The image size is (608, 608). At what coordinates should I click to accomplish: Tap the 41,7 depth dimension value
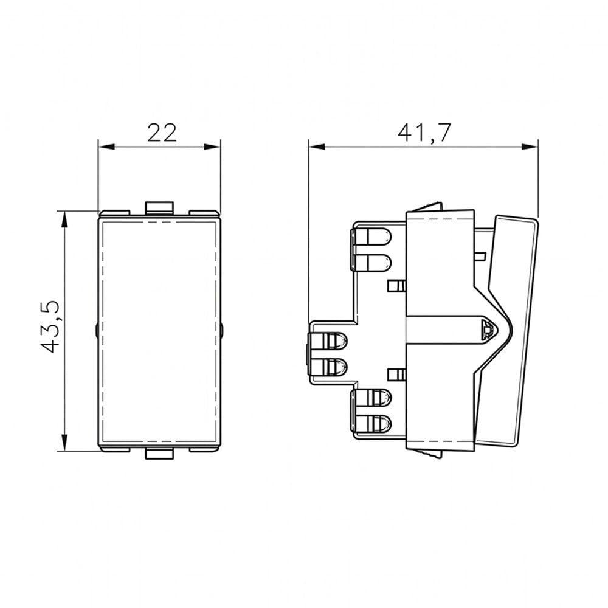424,133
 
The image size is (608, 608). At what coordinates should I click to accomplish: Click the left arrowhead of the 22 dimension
107,147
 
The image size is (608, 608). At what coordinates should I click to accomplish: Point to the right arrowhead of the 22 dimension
212,147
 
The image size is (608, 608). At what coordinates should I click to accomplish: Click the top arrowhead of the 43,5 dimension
65,219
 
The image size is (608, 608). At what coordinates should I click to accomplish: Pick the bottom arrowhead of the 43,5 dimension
65,442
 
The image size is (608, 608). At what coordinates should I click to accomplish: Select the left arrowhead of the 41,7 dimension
317,147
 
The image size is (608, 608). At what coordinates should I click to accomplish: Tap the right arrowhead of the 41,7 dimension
530,147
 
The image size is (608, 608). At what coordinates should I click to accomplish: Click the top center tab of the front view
159,207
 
